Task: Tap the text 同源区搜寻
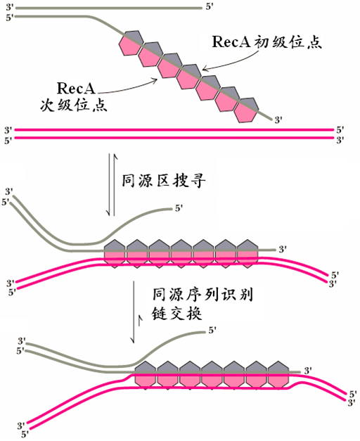(155, 181)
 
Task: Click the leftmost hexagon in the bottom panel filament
(145, 375)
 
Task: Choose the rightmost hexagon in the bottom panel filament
(278, 375)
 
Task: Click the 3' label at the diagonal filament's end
(278, 120)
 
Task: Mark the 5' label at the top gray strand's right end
(207, 7)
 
